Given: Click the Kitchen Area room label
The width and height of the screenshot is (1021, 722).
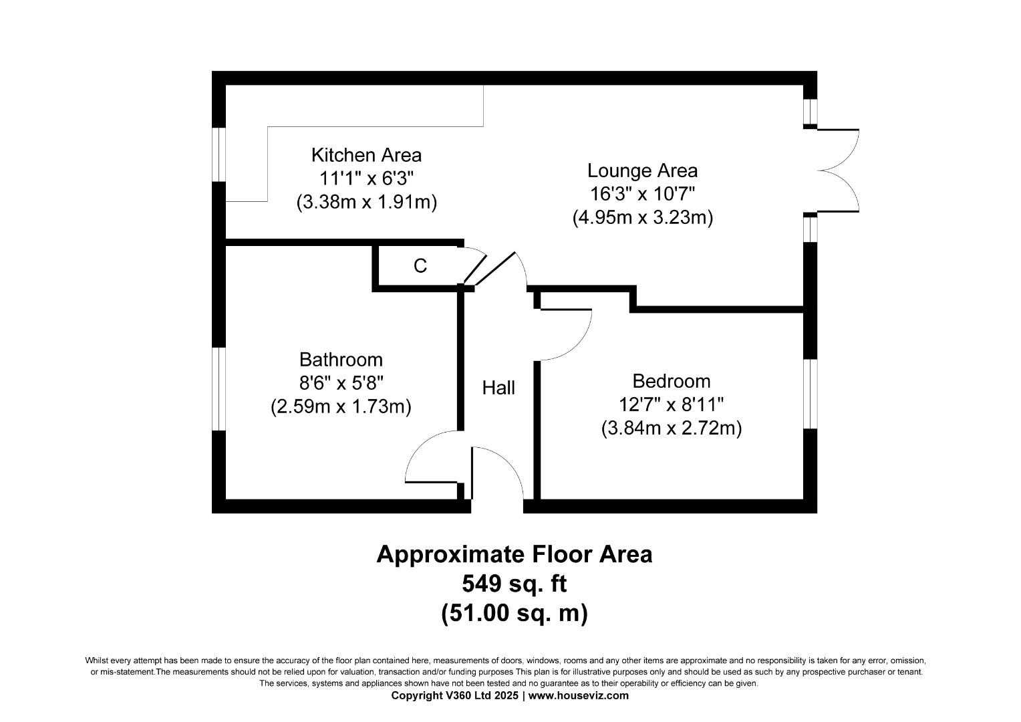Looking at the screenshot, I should (366, 155).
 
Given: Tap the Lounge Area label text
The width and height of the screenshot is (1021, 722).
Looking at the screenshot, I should (642, 170).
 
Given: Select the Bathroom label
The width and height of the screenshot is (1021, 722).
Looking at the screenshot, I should (341, 360).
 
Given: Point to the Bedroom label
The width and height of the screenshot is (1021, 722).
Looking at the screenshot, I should (671, 381).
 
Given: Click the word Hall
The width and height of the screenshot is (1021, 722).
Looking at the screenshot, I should (498, 388).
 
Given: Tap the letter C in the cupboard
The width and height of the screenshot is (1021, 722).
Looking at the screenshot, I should (420, 266).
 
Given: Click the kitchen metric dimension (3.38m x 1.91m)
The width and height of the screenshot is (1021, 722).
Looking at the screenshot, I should (366, 202).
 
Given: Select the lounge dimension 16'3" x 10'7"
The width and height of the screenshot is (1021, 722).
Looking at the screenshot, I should (642, 194).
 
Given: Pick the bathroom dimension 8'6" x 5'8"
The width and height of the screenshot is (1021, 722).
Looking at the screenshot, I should (341, 383).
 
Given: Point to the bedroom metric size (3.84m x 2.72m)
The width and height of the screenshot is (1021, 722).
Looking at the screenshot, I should (671, 428).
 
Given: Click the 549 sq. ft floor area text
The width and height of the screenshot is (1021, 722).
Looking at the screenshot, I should (514, 584).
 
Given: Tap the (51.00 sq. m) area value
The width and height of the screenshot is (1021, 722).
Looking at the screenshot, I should (514, 613).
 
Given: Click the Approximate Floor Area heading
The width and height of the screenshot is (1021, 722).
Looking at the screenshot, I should (514, 554).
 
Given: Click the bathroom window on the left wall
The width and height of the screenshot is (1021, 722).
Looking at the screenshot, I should (218, 388).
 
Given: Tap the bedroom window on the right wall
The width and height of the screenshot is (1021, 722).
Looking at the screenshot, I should (810, 394).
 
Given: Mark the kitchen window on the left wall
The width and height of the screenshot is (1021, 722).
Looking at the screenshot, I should (218, 153).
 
